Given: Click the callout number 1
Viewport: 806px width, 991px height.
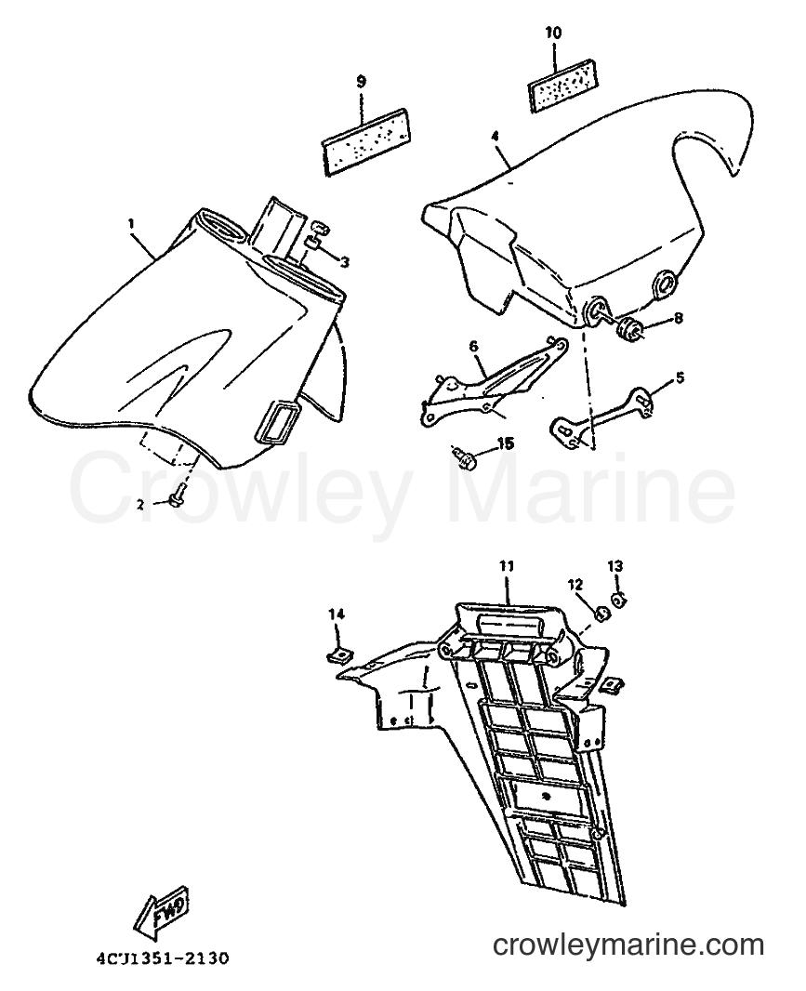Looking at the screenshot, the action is (131, 223).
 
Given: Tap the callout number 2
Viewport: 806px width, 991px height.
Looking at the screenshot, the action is (141, 504).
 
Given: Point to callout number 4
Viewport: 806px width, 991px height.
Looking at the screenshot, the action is (494, 135).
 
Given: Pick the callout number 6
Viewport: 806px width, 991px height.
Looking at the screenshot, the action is (473, 346).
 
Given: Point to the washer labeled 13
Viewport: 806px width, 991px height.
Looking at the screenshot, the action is (618, 597).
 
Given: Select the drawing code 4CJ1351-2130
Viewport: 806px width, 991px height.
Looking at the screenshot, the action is (164, 958).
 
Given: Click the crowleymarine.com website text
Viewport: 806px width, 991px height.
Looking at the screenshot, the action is (628, 945).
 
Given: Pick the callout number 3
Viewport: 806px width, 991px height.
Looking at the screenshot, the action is (345, 261).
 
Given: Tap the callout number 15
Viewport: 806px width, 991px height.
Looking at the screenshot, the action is (505, 443).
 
